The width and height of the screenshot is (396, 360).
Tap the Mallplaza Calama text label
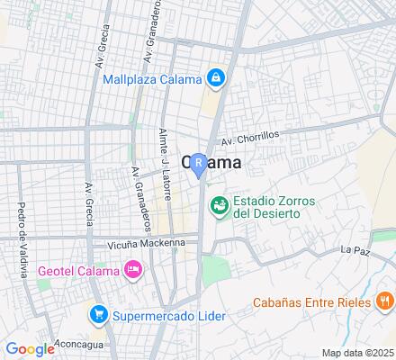coord(150,78)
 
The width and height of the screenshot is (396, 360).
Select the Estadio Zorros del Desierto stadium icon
coord(218,207)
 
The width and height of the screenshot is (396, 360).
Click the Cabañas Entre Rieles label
coord(310,301)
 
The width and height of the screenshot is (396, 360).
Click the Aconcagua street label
coord(79,344)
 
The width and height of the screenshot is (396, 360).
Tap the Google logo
coord(30,349)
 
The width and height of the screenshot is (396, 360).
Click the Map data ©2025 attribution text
coord(357,353)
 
